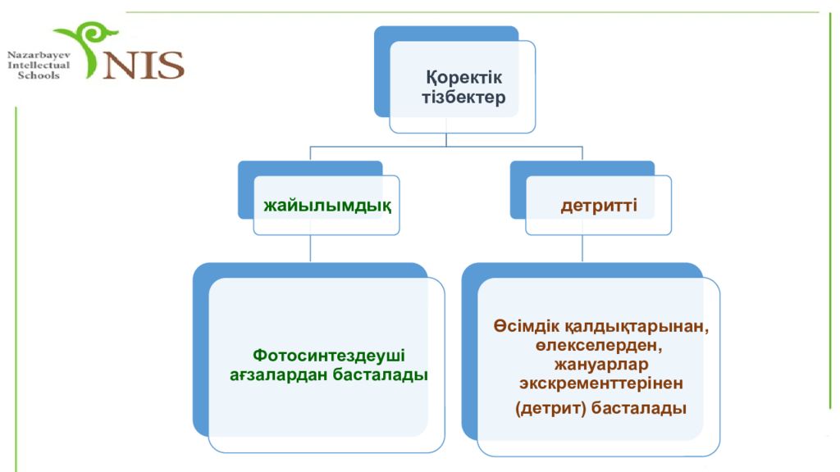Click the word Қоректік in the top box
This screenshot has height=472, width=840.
[464, 78]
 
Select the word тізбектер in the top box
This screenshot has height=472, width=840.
[463, 98]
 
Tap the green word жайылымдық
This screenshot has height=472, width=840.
[327, 206]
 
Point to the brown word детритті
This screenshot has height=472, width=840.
[599, 206]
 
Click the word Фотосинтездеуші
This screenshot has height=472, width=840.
[329, 356]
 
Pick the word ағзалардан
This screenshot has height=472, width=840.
[279, 374]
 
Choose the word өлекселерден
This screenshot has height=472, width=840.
[599, 346]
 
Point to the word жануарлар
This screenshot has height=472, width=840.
[601, 365]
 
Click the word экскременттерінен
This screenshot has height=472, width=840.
[601, 384]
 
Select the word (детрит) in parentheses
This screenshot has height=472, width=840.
[550, 409]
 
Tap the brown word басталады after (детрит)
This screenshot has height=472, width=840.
[639, 408]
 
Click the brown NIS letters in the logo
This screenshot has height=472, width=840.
[144, 65]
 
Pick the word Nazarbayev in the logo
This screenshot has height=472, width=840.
[39, 55]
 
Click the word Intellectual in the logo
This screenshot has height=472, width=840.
[39, 66]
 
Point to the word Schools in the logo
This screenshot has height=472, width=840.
[39, 75]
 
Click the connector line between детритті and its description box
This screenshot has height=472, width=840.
[582, 248]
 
